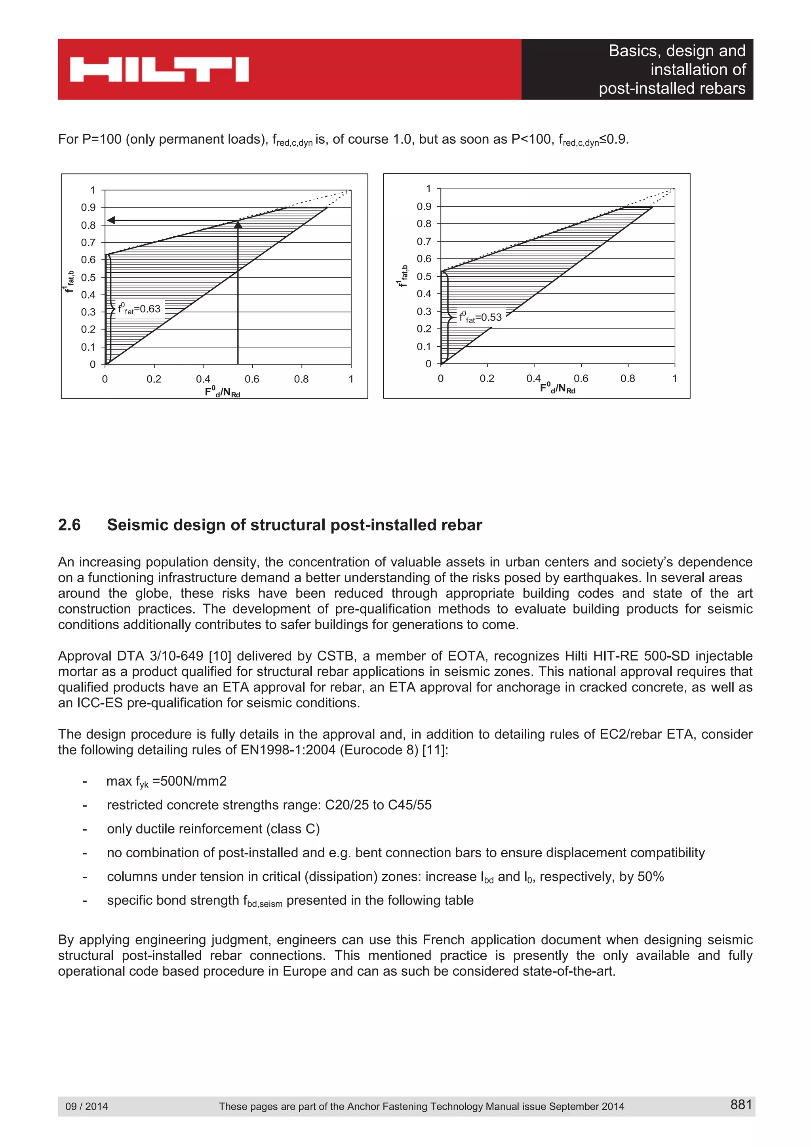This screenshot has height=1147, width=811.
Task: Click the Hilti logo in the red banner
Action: tap(159, 69)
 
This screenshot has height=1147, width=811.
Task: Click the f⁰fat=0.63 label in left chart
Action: tap(139, 309)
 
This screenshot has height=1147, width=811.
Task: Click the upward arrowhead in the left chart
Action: tap(238, 225)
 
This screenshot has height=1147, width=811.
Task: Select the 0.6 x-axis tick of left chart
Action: tap(252, 379)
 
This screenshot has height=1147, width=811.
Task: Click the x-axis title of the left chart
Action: tap(223, 392)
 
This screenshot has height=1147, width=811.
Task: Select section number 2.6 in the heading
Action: tap(69, 525)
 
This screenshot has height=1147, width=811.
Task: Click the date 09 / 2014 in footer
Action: tap(86, 1106)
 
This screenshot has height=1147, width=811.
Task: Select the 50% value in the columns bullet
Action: tap(651, 877)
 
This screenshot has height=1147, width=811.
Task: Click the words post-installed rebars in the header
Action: tap(672, 88)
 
